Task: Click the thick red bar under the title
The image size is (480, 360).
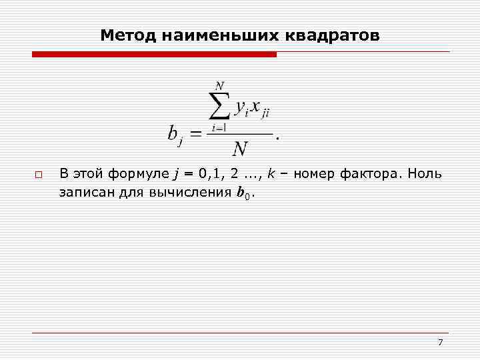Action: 153,55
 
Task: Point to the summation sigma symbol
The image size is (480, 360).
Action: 219,105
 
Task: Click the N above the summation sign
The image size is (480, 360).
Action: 219,85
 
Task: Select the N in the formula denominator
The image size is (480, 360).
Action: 239,148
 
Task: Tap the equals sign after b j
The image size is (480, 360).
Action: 197,135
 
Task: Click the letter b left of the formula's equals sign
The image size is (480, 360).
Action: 173,134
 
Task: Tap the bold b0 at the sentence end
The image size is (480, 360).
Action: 244,194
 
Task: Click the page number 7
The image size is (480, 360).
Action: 440,343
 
